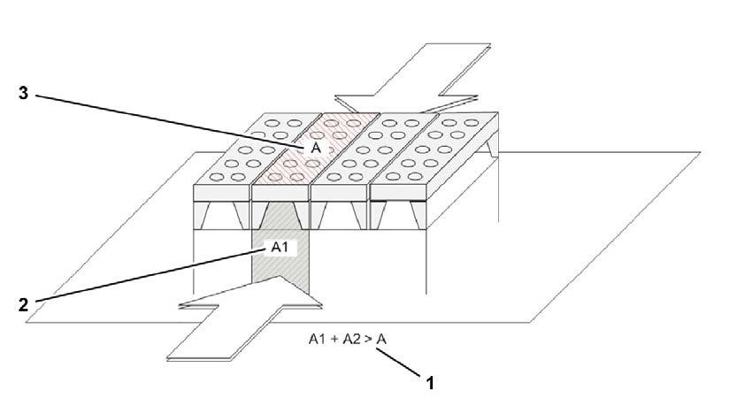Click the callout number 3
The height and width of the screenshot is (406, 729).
23,92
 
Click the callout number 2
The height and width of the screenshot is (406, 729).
23,305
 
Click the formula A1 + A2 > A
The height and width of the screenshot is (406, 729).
348,338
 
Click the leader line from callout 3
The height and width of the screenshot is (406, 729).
168,119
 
